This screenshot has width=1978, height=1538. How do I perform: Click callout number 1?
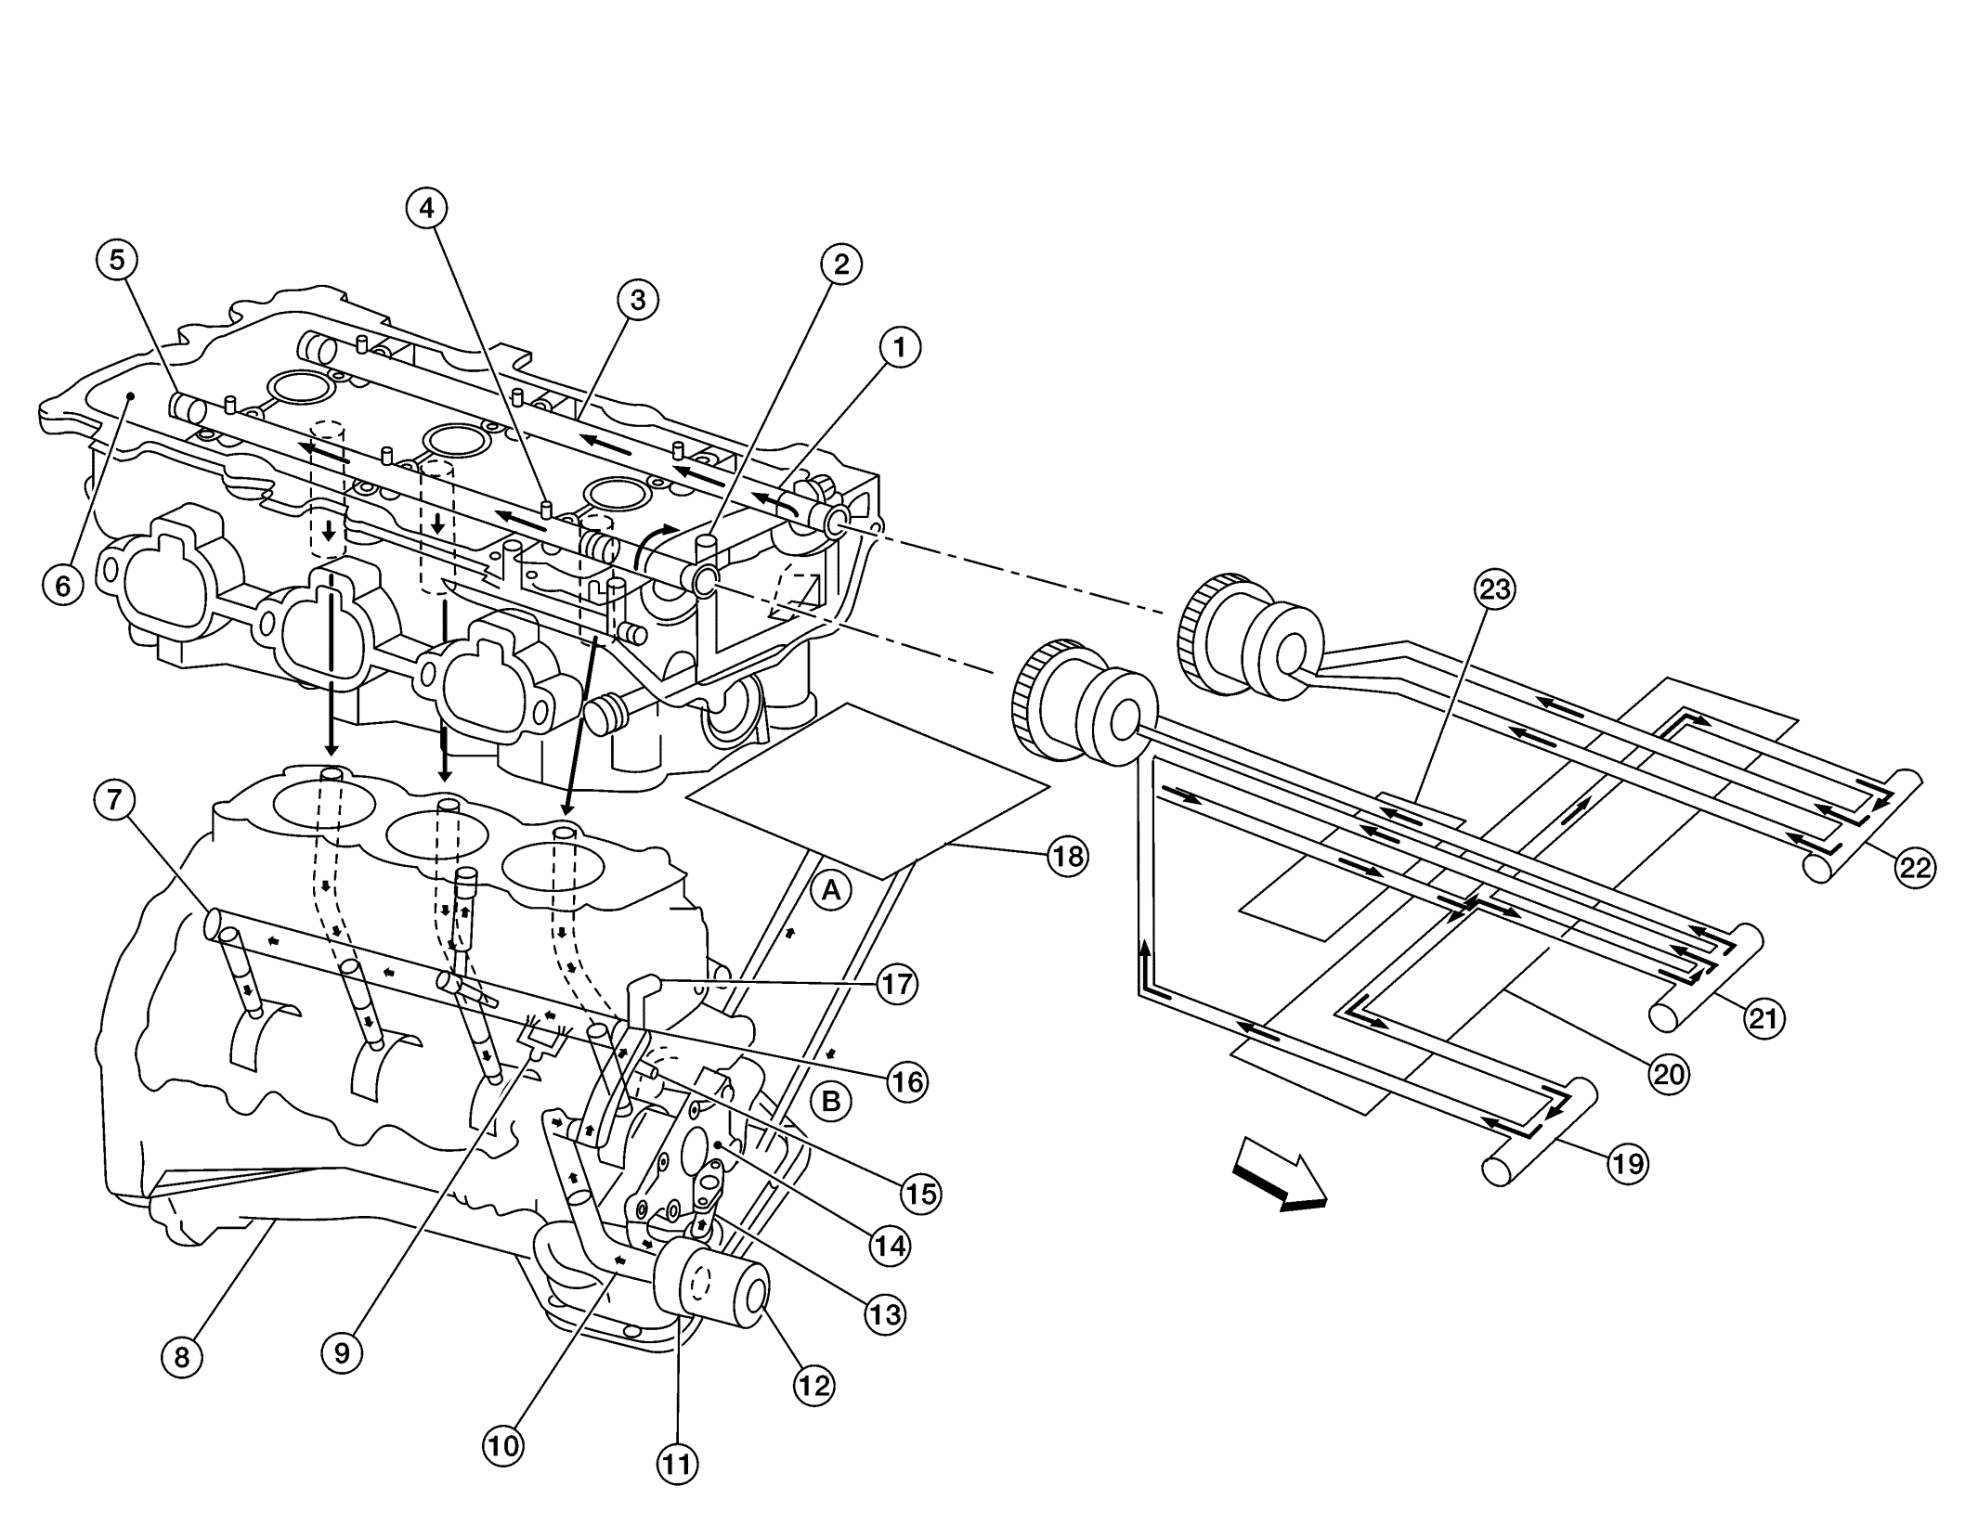coord(899,348)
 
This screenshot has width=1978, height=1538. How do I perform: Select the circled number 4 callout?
coord(426,209)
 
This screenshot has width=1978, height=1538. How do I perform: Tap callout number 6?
coord(63,586)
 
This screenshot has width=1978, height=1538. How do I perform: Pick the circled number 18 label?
coord(1068,856)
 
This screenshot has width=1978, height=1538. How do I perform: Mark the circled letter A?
coord(831,891)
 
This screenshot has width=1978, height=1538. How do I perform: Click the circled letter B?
coord(831,1101)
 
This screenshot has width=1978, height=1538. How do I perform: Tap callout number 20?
coord(1670,1074)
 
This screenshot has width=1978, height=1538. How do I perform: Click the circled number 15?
coord(920,1193)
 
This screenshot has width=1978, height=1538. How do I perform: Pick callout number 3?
coord(638,300)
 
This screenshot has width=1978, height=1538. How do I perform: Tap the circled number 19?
coord(1628,1163)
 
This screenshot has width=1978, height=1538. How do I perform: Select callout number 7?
coord(115,799)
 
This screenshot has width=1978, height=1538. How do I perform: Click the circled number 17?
coord(897,984)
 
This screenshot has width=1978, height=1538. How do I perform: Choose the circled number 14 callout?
coord(890,1246)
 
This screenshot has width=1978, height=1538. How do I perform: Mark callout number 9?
coord(342,1353)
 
